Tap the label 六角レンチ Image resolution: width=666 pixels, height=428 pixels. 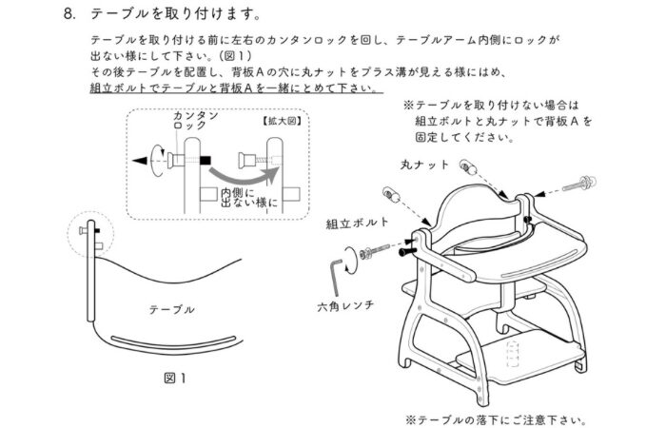pos(343,306)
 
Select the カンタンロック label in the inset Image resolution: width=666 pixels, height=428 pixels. pos(194,120)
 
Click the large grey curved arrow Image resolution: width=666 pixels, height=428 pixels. pos(247,173)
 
